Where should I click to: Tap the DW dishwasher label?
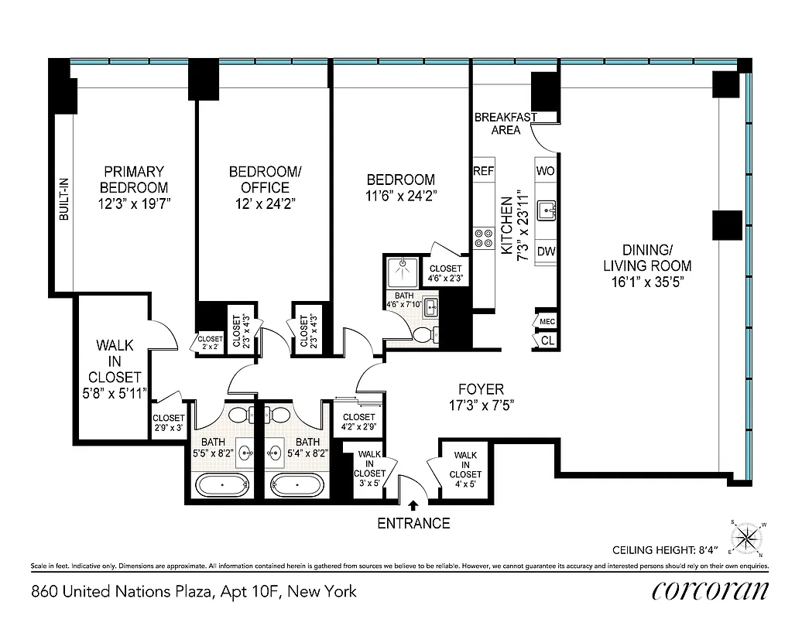(x=545, y=251)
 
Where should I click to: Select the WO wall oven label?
(x=545, y=170)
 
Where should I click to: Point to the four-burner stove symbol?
(x=484, y=237)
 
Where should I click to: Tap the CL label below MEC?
(x=547, y=340)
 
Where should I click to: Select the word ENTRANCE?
(x=413, y=524)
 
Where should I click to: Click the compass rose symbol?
(x=747, y=537)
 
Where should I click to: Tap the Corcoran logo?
(x=710, y=590)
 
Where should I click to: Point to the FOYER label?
(x=480, y=389)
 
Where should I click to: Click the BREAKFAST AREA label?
(x=506, y=124)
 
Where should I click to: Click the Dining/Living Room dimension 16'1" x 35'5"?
(x=646, y=282)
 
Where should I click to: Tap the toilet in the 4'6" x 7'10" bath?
(x=424, y=334)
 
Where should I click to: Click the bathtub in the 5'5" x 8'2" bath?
(x=222, y=486)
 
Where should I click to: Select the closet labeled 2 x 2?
(x=210, y=343)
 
